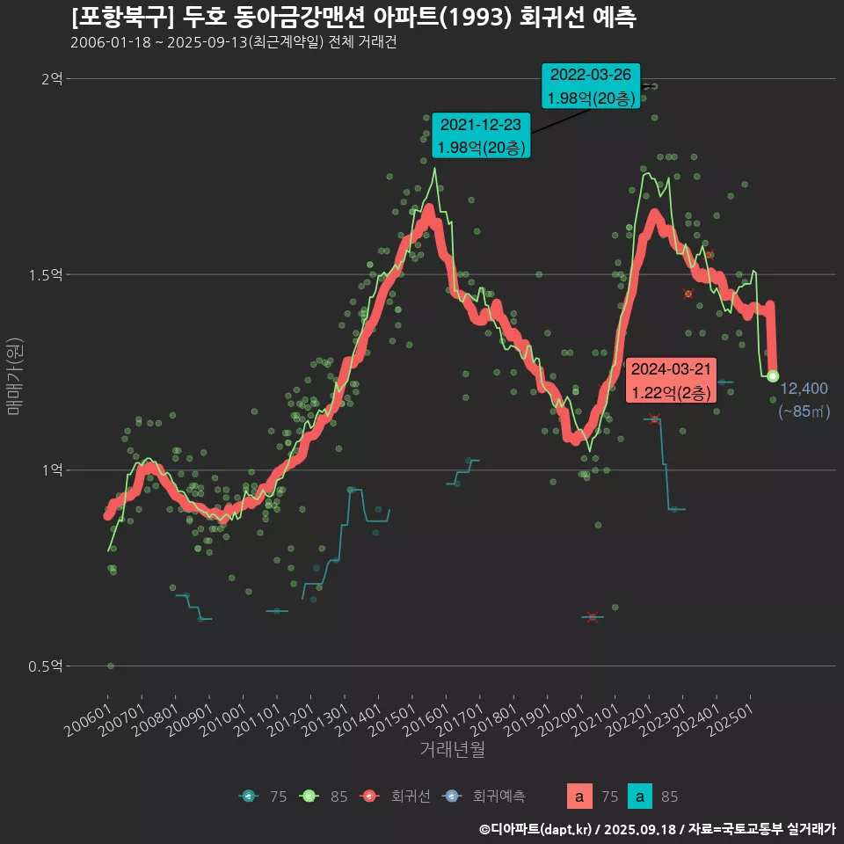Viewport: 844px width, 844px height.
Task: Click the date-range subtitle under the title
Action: [x=233, y=42]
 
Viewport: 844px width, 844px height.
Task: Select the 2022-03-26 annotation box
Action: [x=590, y=86]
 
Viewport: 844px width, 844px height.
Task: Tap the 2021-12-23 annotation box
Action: [x=480, y=135]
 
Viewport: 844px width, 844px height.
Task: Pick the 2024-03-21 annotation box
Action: [x=672, y=380]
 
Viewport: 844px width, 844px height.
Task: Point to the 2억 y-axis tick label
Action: [x=51, y=79]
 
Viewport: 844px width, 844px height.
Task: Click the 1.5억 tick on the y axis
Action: [x=46, y=275]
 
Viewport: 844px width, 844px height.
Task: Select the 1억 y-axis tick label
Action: [x=51, y=470]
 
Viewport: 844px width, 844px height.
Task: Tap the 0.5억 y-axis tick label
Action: [x=46, y=666]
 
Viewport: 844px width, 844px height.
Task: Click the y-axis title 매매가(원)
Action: [x=14, y=373]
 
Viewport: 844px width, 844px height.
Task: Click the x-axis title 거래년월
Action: [x=452, y=749]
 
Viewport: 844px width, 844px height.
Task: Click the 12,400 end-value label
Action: [x=804, y=389]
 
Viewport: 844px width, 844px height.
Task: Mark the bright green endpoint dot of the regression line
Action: [x=773, y=376]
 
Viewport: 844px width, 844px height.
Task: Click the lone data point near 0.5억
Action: [x=110, y=666]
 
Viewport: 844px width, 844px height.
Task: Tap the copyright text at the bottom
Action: [x=657, y=829]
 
